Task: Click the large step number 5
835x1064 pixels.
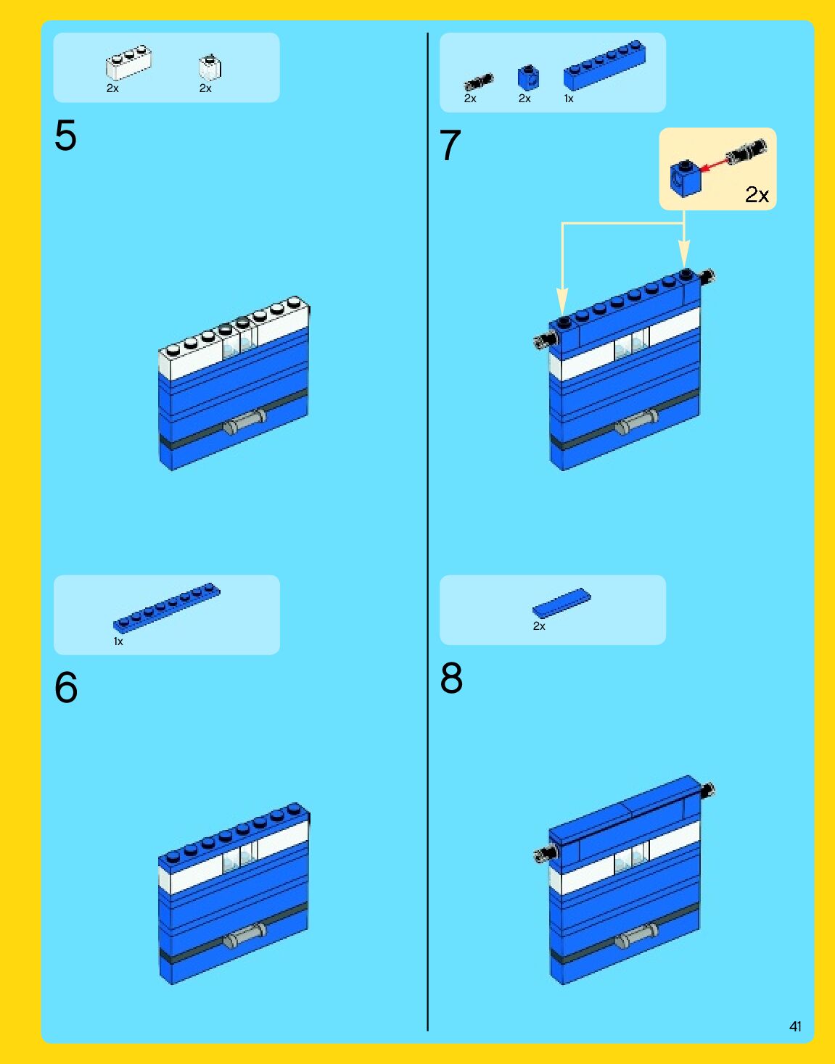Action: click(66, 135)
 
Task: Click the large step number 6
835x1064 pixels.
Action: click(66, 687)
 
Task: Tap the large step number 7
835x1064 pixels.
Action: click(451, 145)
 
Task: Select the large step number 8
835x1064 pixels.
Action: click(451, 678)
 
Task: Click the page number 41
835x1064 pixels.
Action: click(795, 1026)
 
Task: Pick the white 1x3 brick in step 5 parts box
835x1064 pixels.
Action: click(129, 62)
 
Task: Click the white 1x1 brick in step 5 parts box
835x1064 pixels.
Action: click(210, 67)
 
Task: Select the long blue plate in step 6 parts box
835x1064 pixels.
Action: click(167, 608)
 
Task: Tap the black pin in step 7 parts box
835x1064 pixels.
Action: click(479, 81)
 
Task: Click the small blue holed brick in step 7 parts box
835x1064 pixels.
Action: click(528, 78)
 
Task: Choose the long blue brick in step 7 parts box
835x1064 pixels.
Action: click(604, 65)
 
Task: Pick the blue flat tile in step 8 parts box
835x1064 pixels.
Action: click(562, 603)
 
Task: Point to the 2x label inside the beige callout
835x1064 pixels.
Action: click(757, 195)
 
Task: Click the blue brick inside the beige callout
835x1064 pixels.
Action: click(686, 179)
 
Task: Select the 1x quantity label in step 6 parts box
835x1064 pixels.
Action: click(118, 641)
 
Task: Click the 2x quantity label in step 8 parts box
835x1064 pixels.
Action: click(539, 626)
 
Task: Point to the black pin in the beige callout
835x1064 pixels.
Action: click(746, 151)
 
